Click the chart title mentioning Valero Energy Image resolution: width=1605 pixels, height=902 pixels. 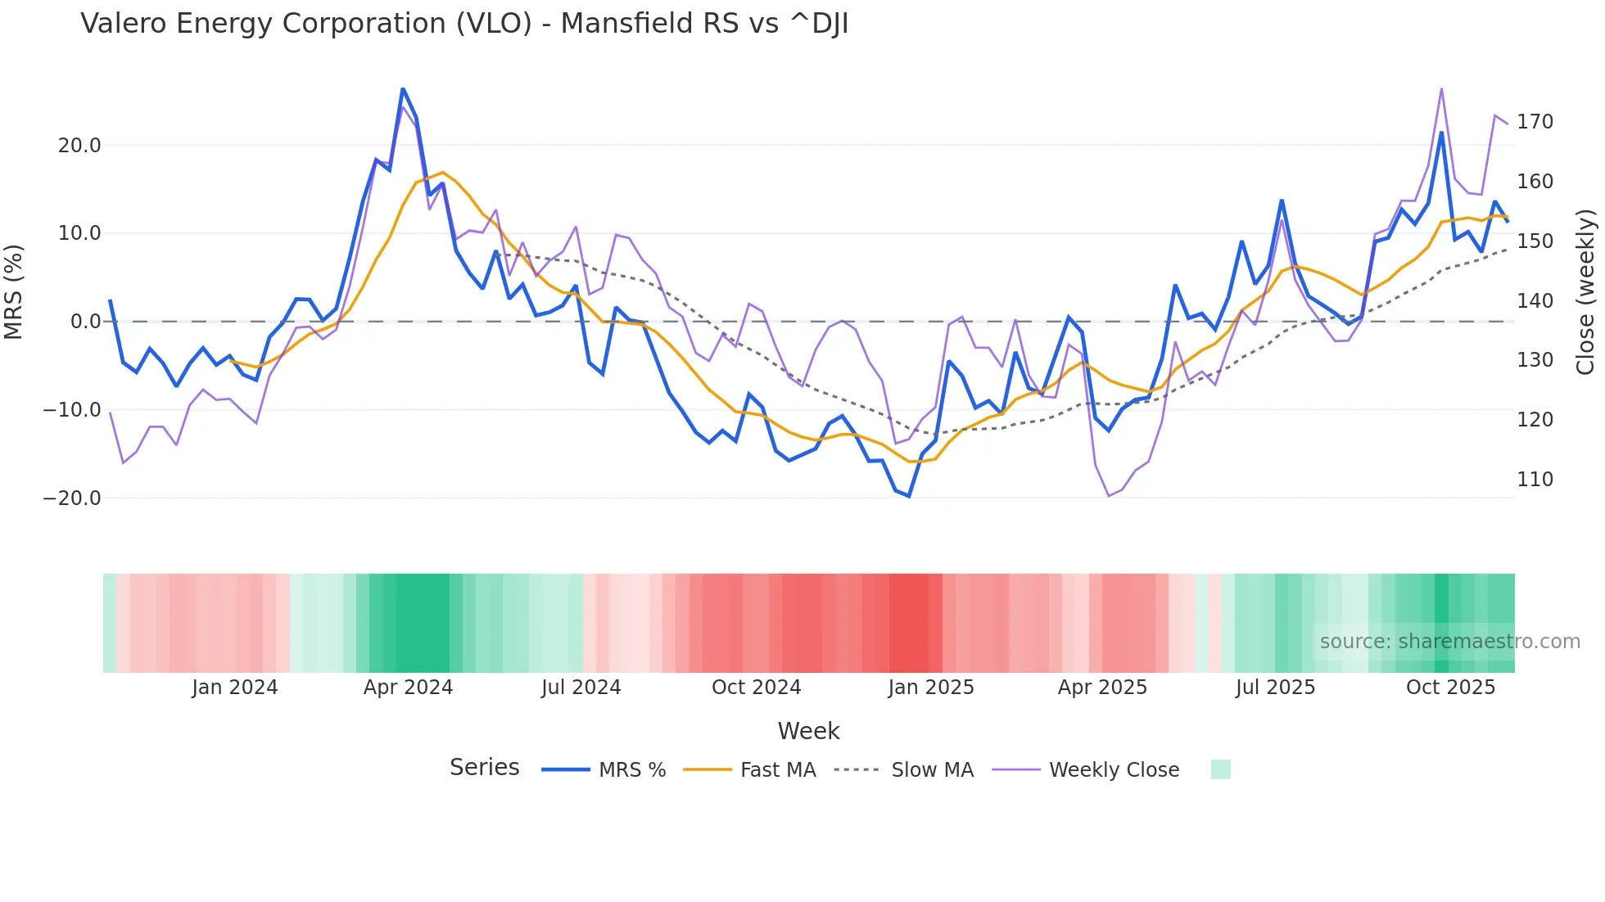[464, 24]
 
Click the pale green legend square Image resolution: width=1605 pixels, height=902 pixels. [1220, 769]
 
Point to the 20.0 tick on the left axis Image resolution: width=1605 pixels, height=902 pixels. [79, 146]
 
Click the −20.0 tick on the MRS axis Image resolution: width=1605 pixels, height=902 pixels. [72, 498]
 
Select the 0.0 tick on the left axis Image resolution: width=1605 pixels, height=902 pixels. [85, 322]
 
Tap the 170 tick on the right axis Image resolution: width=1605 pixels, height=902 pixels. [1535, 122]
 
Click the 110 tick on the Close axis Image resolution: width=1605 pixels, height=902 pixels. [1535, 480]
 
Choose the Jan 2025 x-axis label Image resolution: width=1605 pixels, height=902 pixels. [931, 688]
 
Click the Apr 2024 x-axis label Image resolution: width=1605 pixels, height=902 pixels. [408, 688]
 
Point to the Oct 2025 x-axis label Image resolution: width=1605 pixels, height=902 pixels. [1450, 688]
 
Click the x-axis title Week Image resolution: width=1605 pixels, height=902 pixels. [808, 731]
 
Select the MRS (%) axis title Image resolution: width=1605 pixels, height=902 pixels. [14, 291]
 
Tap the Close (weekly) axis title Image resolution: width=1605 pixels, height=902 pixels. [1586, 292]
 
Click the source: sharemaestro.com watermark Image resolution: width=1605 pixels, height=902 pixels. [1449, 642]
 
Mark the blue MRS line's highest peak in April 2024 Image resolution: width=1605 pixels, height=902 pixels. [402, 88]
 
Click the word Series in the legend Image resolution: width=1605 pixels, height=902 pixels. [484, 768]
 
